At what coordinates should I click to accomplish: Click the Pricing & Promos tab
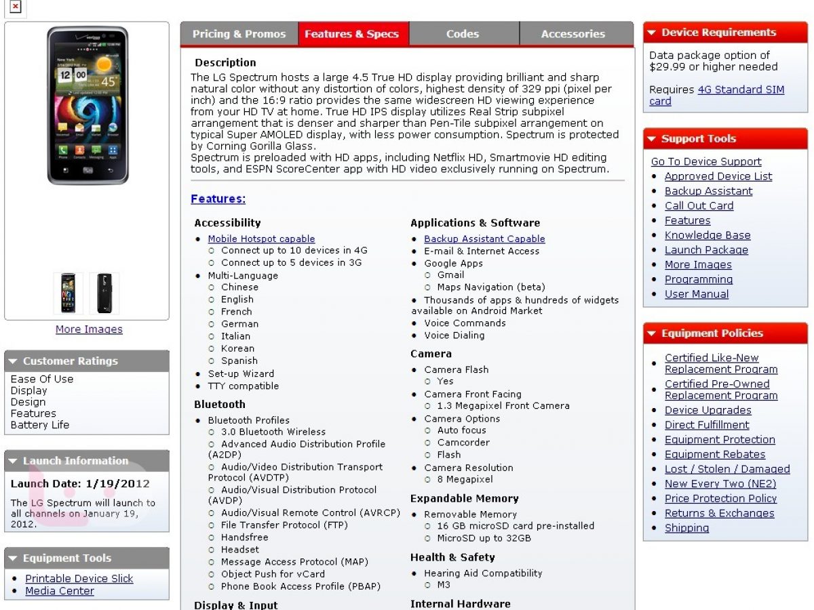[x=239, y=34]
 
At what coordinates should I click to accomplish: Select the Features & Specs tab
[x=351, y=34]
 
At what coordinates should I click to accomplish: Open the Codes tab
[x=463, y=34]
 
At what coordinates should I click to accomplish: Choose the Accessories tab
[x=573, y=34]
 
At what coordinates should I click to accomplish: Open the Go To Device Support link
[x=705, y=161]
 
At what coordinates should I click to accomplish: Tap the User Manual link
[x=696, y=294]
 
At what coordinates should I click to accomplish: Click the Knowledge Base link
[x=707, y=235]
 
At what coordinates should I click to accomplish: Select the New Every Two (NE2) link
[x=720, y=484]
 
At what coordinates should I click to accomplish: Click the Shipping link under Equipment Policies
[x=686, y=528]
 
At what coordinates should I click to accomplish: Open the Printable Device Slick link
[x=79, y=578]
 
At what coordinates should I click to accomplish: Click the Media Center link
[x=60, y=591]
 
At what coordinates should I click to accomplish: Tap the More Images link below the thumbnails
[x=89, y=329]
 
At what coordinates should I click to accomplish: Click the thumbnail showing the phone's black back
[x=104, y=293]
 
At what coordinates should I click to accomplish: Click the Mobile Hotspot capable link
[x=261, y=239]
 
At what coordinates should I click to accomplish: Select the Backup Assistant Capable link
[x=484, y=239]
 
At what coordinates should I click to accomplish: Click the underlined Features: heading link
[x=218, y=199]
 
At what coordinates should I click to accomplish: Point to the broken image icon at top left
[x=15, y=7]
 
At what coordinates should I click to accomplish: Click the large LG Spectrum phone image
[x=87, y=105]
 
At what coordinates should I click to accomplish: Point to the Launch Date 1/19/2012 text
[x=80, y=484]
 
